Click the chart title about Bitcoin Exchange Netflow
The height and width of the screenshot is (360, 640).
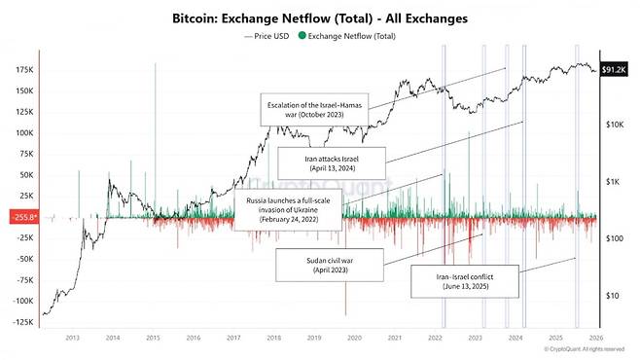tap(321, 18)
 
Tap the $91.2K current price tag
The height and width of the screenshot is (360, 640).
tap(617, 69)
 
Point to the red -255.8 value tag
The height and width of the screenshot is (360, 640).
tap(22, 218)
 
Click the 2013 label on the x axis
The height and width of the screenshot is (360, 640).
tap(71, 339)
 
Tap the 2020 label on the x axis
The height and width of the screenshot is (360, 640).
tap(354, 339)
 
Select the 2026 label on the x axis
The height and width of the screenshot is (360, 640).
tap(596, 339)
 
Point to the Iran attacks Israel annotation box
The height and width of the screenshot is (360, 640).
tap(332, 162)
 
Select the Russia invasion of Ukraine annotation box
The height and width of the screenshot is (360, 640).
tap(288, 208)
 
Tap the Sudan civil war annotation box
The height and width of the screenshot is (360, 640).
tap(324, 263)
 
